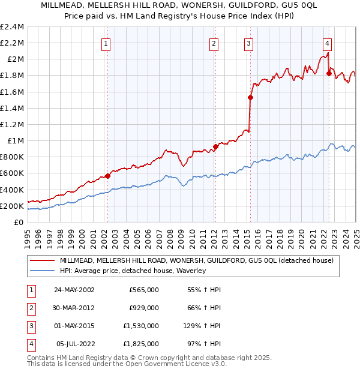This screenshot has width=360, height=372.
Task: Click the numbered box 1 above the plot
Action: click(106, 43)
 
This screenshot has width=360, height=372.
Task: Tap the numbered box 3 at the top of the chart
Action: click(248, 43)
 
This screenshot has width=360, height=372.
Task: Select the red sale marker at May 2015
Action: click(250, 98)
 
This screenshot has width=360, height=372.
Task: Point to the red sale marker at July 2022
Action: click(329, 73)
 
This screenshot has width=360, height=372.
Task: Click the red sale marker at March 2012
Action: click(215, 146)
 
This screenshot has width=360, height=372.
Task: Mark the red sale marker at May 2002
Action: click(108, 176)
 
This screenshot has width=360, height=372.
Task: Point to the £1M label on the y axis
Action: click(16, 140)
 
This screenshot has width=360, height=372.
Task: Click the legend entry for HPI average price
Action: click(133, 271)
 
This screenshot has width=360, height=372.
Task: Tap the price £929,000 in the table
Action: click(144, 308)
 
